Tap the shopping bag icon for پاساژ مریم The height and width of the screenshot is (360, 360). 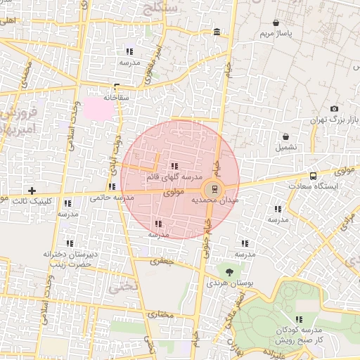click(x=276, y=23)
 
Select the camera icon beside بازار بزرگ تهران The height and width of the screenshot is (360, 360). click(x=334, y=109)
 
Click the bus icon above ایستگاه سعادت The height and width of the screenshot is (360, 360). click(x=313, y=176)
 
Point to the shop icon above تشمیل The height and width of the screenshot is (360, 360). click(x=286, y=136)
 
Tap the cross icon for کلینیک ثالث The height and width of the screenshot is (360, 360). click(x=32, y=191)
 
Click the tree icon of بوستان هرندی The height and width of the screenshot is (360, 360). click(x=229, y=271)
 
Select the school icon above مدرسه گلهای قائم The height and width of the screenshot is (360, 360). click(x=174, y=167)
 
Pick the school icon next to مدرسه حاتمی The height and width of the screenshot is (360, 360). click(x=112, y=187)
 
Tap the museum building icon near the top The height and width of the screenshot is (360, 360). click(x=216, y=32)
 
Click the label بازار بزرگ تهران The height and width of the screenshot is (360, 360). click(x=336, y=122)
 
